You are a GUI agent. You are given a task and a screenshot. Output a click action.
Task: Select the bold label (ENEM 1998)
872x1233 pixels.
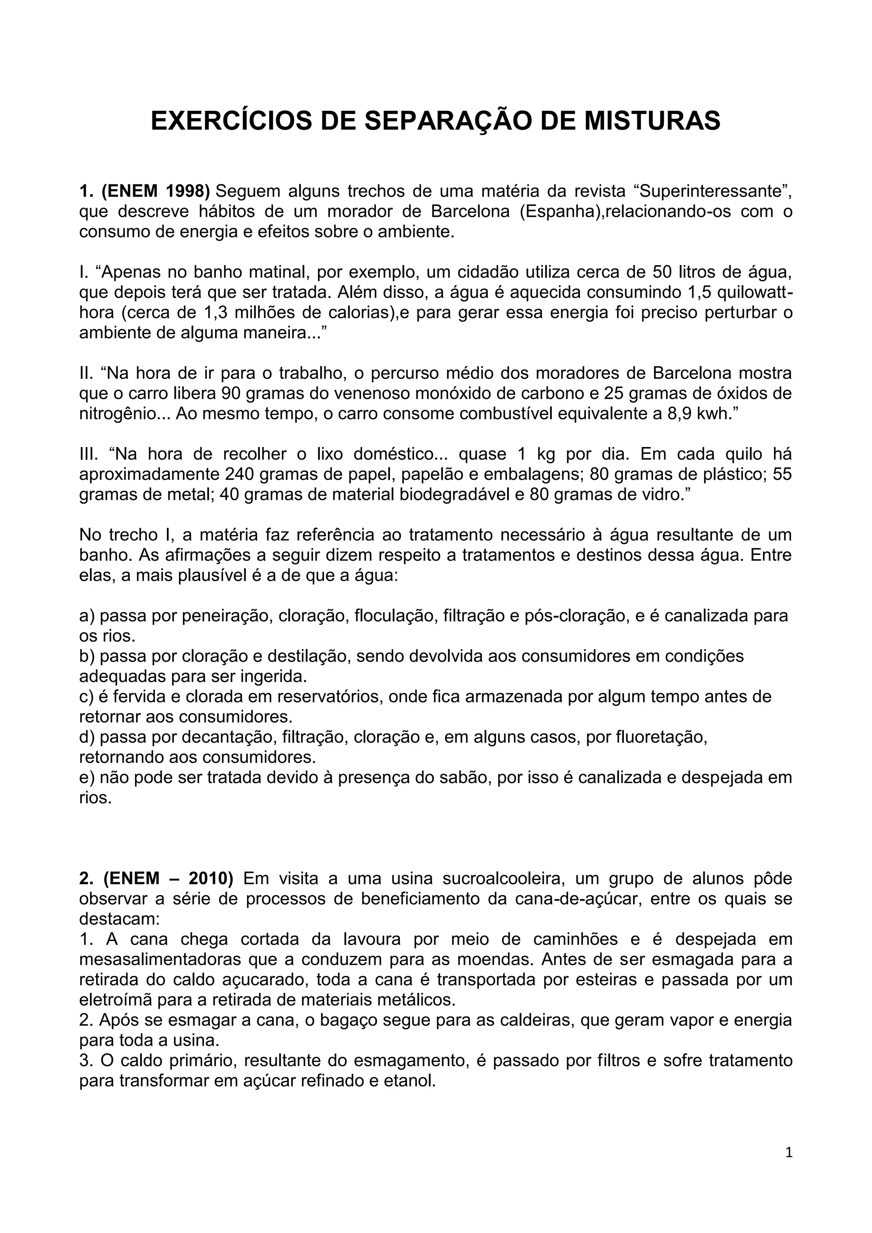pyautogui.click(x=156, y=191)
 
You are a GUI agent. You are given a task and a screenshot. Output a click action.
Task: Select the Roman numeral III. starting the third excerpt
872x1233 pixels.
pyautogui.click(x=89, y=454)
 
